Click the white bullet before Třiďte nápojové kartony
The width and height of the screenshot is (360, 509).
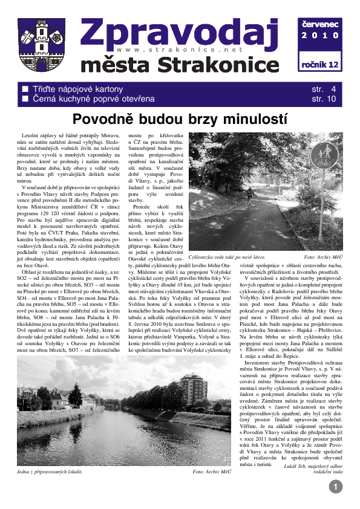pyautogui.click(x=25, y=88)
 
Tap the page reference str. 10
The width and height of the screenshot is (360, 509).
pyautogui.click(x=323, y=99)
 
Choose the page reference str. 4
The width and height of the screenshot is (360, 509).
pyautogui.click(x=323, y=88)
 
